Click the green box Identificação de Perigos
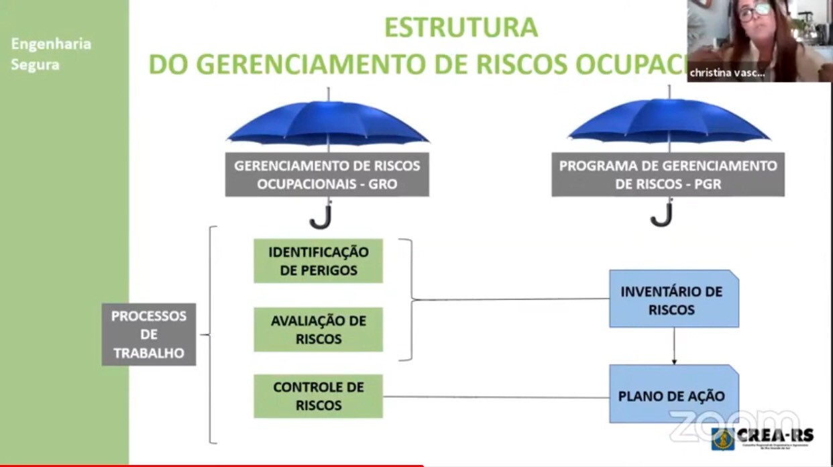pos(318,261)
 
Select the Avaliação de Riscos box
pos(318,329)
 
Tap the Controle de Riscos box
pos(318,396)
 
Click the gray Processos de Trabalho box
pos(148,334)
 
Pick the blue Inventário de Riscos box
pos(673,300)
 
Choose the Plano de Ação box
pos(673,395)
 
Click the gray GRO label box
pos(327,174)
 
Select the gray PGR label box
pos(667,174)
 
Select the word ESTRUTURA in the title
pos(461,28)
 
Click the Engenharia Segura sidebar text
pos(51,54)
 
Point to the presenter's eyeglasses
pos(755,11)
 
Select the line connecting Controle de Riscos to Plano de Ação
pos(496,397)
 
